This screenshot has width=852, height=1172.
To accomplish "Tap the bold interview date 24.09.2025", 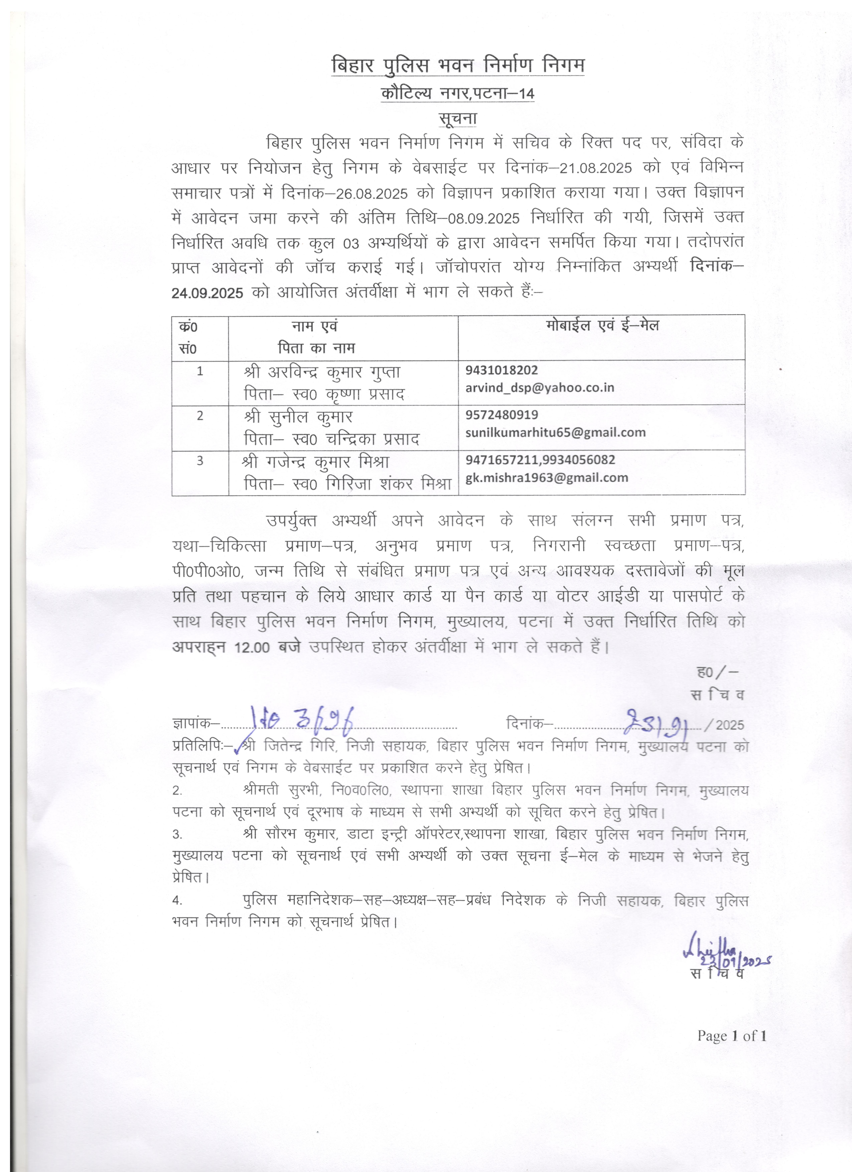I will point(207,293).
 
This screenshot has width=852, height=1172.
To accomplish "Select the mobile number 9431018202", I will point(501,370).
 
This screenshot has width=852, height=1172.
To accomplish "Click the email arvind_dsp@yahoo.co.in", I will point(539,387).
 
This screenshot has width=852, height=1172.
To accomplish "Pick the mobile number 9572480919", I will point(501,414).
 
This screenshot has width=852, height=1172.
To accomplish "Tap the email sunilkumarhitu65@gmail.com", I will point(555,432).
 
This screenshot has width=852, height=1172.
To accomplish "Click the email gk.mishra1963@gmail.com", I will point(547,478).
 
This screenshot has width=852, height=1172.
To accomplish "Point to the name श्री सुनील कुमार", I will point(298,417).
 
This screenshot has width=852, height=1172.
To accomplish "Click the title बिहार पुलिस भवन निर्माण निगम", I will point(458,66).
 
